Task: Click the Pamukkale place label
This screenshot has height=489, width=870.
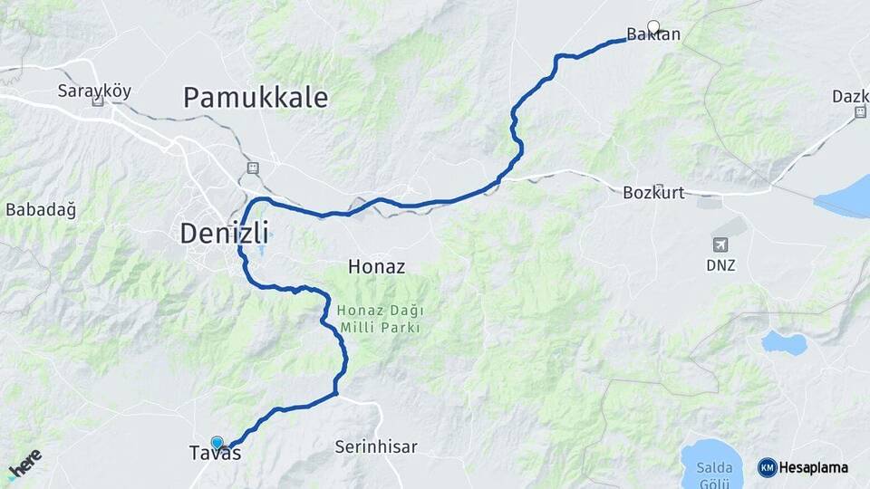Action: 256,98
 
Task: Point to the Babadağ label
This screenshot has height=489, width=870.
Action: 41,210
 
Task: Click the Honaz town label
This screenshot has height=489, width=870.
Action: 376,267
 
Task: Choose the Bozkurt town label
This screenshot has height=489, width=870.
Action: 653,193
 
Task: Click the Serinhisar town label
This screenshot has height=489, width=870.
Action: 376,447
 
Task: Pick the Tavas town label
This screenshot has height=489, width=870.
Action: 216,454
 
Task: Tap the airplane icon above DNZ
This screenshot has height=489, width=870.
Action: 720,244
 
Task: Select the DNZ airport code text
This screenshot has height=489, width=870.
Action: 720,266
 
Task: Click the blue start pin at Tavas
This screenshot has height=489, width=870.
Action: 217,442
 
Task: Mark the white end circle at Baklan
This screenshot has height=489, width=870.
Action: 653,26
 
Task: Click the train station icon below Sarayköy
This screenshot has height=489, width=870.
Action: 98,102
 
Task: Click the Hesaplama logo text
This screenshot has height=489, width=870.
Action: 814,468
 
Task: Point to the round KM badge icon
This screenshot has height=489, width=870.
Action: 767,468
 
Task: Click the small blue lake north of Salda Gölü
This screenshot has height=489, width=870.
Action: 784,342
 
